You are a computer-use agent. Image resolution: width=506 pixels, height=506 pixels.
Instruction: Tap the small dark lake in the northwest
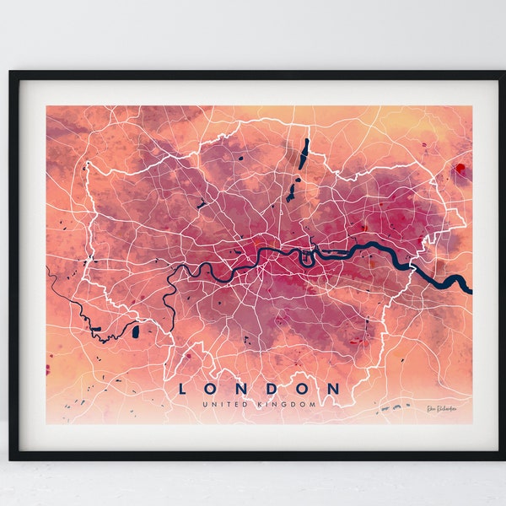[202, 203]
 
